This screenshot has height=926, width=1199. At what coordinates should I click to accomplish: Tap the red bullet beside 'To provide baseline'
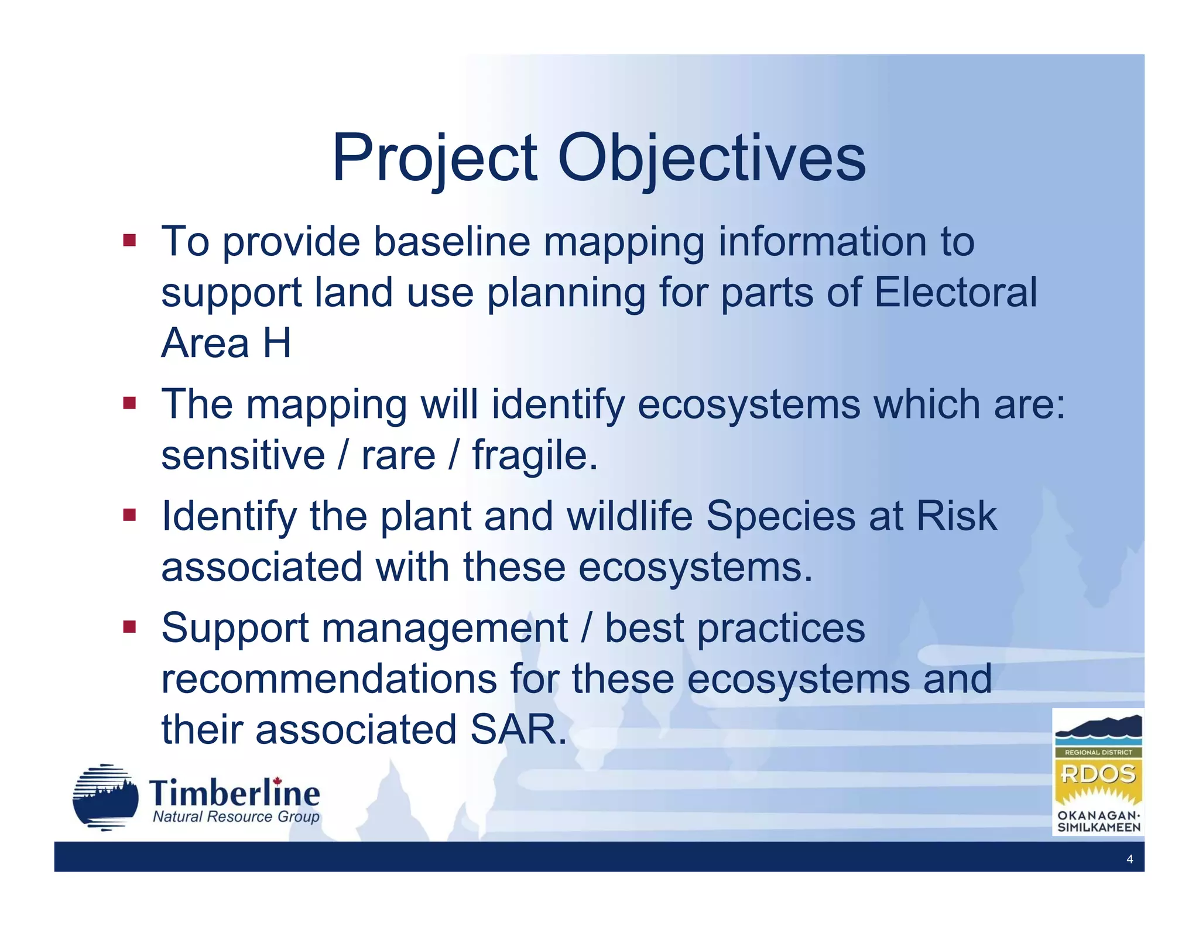[129, 240]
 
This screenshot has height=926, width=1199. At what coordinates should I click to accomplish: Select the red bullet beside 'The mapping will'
[129, 403]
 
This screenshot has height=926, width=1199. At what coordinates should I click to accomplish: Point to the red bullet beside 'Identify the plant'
[129, 515]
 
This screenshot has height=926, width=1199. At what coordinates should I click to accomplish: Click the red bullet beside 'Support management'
[129, 627]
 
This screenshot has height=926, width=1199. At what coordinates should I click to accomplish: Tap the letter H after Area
[276, 343]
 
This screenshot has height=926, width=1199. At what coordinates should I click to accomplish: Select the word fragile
[535, 455]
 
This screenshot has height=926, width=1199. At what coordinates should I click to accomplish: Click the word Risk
[956, 516]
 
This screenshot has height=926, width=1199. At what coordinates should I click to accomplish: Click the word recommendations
[329, 679]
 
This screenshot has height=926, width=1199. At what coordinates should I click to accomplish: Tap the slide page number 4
[1129, 859]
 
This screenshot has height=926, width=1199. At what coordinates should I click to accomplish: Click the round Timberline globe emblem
[105, 797]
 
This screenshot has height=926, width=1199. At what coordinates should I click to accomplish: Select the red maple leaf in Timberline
[278, 781]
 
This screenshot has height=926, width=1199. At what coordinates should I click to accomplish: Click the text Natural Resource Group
[236, 817]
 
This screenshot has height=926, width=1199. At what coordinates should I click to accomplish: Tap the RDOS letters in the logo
[1098, 774]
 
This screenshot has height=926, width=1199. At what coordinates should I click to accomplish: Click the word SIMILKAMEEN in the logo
[1098, 828]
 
